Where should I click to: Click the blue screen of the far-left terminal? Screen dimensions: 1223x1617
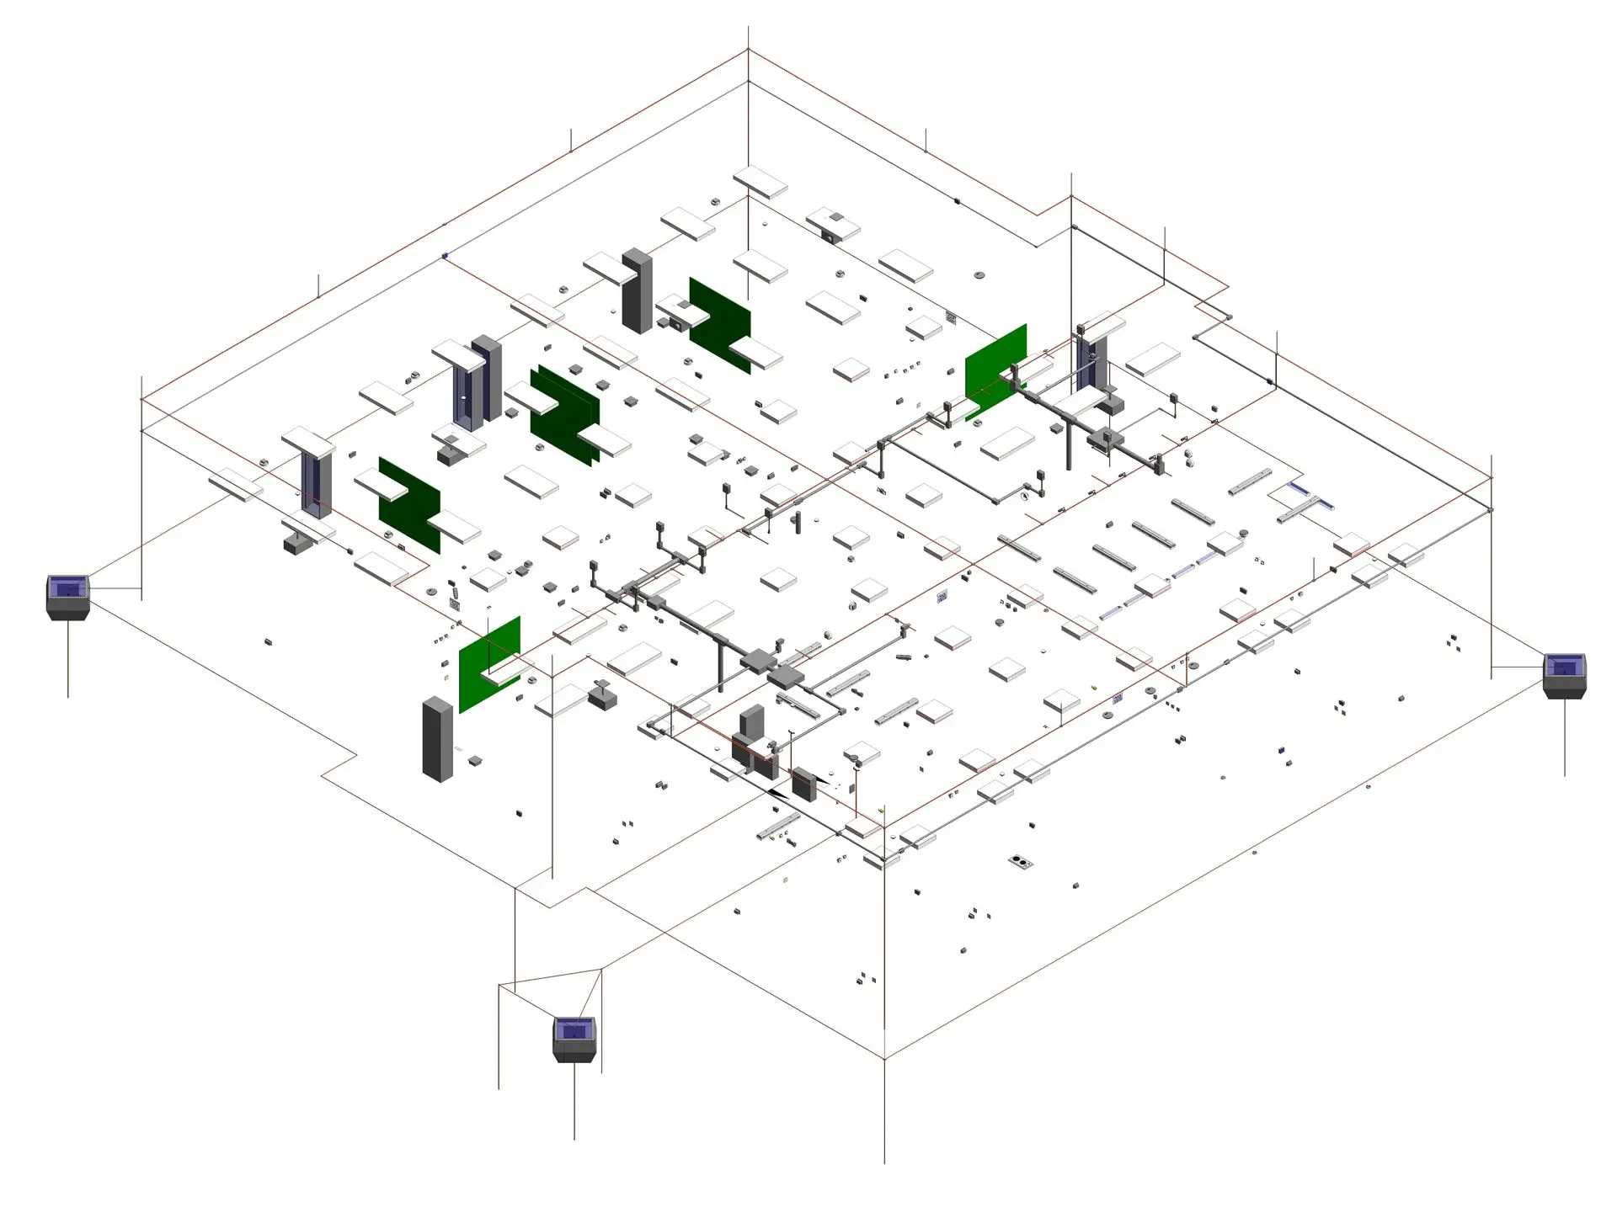67,587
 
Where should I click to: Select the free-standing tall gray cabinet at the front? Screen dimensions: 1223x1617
437,739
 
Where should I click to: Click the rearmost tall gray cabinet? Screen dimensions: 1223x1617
637,290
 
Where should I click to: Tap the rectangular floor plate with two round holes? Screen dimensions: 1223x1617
1021,861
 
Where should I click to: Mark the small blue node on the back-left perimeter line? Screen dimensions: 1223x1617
445,255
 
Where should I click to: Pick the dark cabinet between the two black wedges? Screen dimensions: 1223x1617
803,783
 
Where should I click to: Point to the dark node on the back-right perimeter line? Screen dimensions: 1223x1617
957,200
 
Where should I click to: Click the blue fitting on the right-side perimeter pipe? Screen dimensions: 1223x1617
1269,382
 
